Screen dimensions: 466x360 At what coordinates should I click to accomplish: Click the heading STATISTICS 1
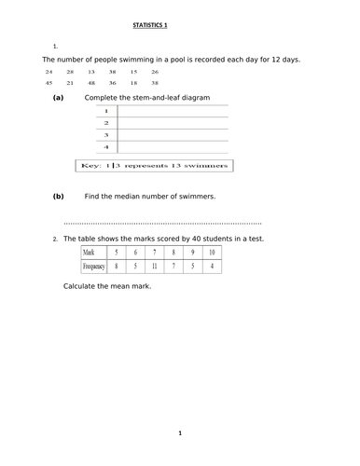(x=180, y=27)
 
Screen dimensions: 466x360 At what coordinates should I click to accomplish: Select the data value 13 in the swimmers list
(x=90, y=72)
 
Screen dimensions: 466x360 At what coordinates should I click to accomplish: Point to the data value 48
(x=90, y=83)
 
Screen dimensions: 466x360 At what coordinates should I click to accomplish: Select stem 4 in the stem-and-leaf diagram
(x=106, y=146)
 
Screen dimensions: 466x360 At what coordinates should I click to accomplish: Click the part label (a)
(x=59, y=97)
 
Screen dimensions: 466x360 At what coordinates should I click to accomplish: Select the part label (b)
(x=59, y=196)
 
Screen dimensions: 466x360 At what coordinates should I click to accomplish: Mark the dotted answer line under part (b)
(x=162, y=224)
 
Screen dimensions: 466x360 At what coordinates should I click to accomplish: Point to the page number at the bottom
(x=180, y=433)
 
